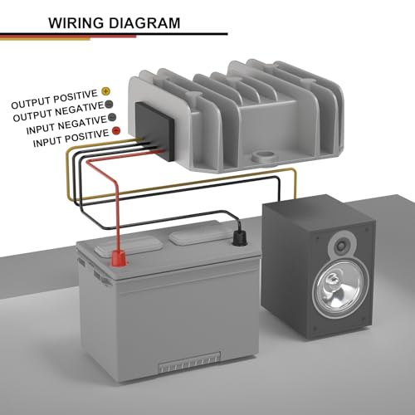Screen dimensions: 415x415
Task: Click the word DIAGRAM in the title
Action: pyautogui.click(x=144, y=23)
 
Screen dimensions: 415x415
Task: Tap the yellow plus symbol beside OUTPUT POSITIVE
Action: pyautogui.click(x=105, y=91)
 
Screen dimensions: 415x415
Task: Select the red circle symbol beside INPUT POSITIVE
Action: pyautogui.click(x=116, y=130)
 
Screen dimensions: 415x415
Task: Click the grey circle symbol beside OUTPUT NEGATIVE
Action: pyautogui.click(x=109, y=105)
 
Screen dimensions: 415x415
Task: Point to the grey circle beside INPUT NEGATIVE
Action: pyautogui.click(x=112, y=117)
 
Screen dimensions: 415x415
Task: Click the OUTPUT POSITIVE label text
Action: pyautogui.click(x=55, y=100)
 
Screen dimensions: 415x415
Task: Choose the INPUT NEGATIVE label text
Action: pyautogui.click(x=66, y=125)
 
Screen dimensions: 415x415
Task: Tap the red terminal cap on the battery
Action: pyautogui.click(x=119, y=257)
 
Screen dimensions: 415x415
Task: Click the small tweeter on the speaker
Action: pyautogui.click(x=340, y=246)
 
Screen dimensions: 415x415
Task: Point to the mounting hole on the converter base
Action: pyautogui.click(x=263, y=156)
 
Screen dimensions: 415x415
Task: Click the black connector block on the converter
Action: pyautogui.click(x=154, y=131)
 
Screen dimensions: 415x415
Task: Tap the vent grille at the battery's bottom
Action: pyautogui.click(x=190, y=362)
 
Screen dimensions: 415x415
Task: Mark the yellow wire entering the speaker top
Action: pyautogui.click(x=295, y=184)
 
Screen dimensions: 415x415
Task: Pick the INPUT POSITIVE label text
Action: pyautogui.click(x=71, y=139)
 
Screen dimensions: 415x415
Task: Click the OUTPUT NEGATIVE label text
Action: pyautogui.click(x=58, y=112)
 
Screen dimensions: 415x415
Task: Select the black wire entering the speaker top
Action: pyautogui.click(x=279, y=189)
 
